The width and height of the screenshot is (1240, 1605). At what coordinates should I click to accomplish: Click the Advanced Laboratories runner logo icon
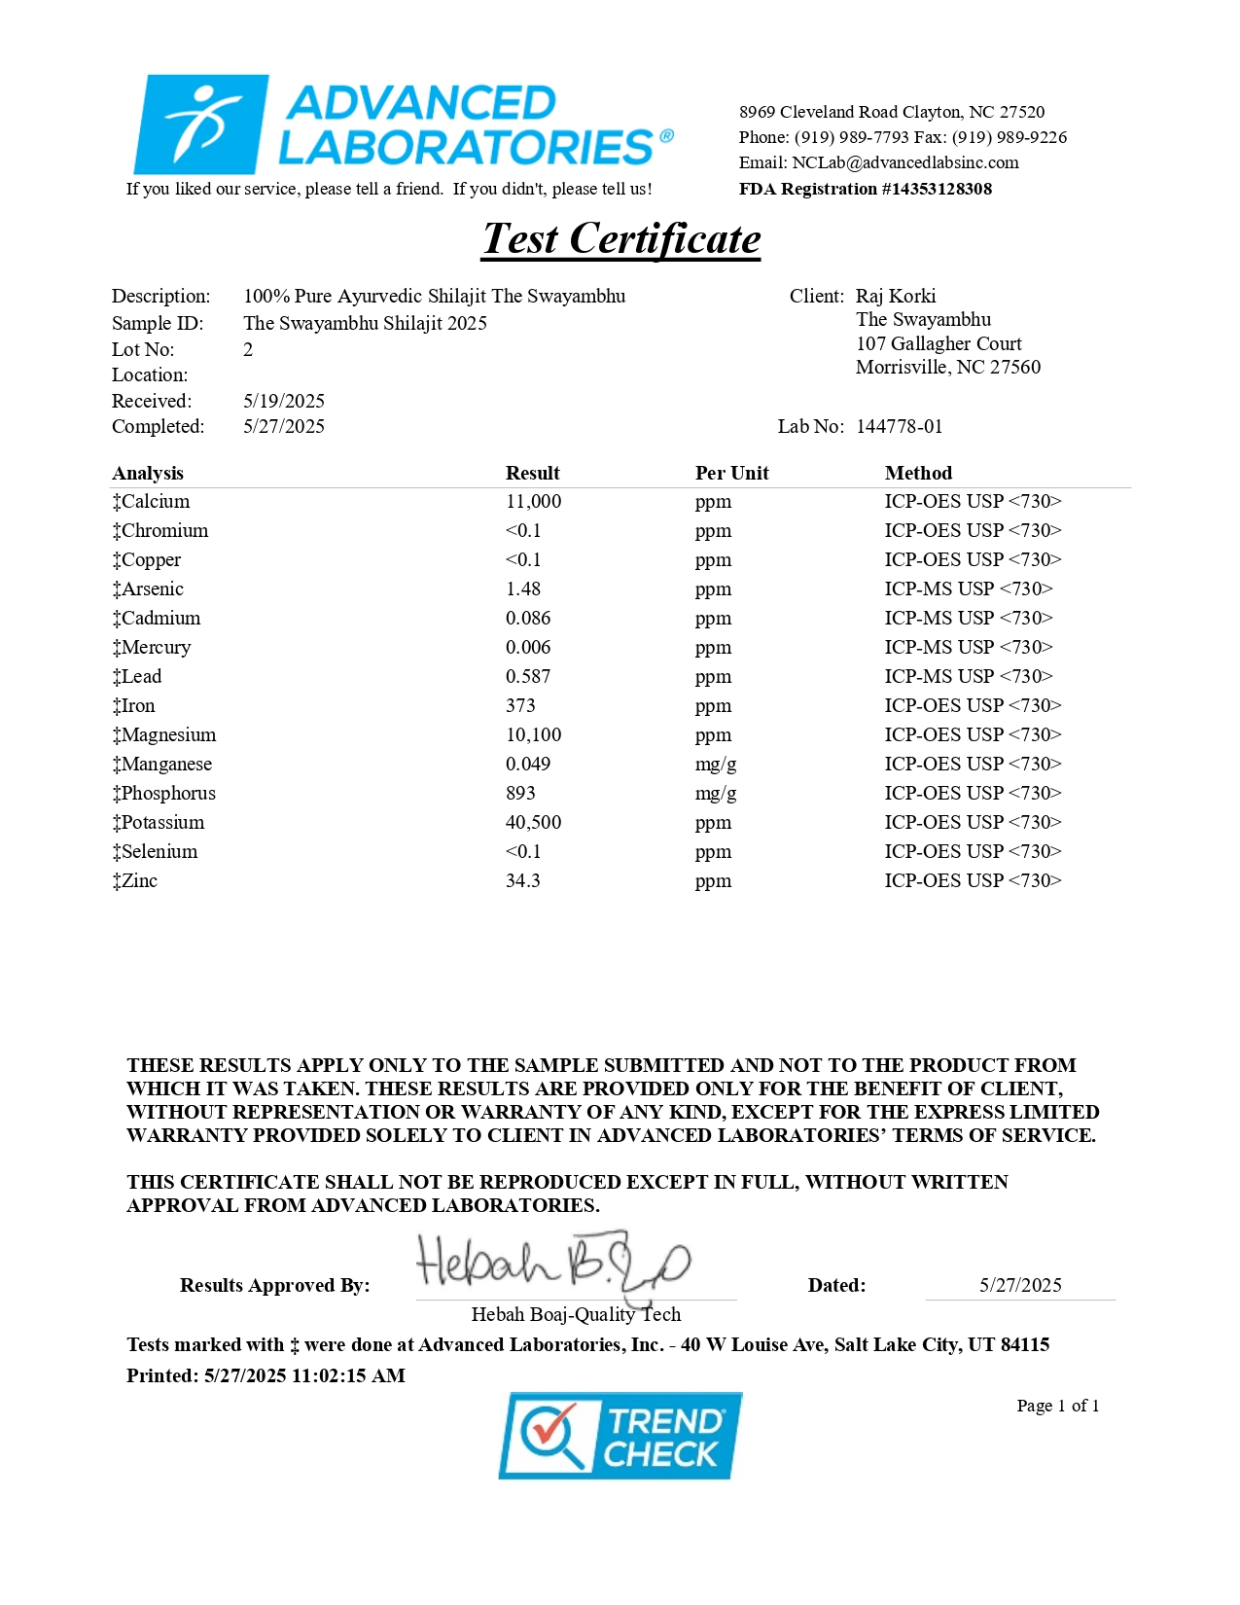pyautogui.click(x=201, y=125)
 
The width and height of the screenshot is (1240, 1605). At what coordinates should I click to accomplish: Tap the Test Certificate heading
pyautogui.click(x=621, y=239)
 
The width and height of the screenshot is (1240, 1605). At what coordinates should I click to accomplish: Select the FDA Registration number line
pyautogui.click(x=865, y=189)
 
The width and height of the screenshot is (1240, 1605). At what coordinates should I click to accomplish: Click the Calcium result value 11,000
pyautogui.click(x=533, y=502)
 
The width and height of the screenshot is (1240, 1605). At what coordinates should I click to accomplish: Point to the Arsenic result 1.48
pyautogui.click(x=523, y=589)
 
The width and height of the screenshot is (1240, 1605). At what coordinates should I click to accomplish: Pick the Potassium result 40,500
pyautogui.click(x=533, y=823)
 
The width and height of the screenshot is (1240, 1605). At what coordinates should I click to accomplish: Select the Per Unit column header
pyautogui.click(x=731, y=474)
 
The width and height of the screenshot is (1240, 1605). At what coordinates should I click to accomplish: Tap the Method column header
pyautogui.click(x=918, y=474)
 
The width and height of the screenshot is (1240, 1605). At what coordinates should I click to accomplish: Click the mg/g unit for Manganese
pyautogui.click(x=716, y=765)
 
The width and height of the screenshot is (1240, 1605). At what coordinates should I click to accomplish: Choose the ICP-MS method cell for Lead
pyautogui.click(x=969, y=677)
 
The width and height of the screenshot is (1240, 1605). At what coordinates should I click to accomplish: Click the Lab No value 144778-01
pyautogui.click(x=899, y=427)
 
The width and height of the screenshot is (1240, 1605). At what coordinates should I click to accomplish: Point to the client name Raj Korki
pyautogui.click(x=896, y=297)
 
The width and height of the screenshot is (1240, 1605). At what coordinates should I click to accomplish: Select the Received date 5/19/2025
pyautogui.click(x=284, y=402)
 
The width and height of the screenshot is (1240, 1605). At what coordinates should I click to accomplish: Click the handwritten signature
pyautogui.click(x=552, y=1264)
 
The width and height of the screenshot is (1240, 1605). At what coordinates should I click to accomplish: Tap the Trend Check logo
pyautogui.click(x=620, y=1436)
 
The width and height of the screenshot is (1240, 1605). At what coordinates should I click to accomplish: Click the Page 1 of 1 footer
pyautogui.click(x=1057, y=1406)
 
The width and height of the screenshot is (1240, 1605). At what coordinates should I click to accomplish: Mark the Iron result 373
pyautogui.click(x=520, y=706)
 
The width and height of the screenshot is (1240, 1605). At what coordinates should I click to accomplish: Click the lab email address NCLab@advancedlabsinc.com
pyautogui.click(x=904, y=163)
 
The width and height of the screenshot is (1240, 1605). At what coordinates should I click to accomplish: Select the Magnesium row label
pyautogui.click(x=164, y=735)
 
